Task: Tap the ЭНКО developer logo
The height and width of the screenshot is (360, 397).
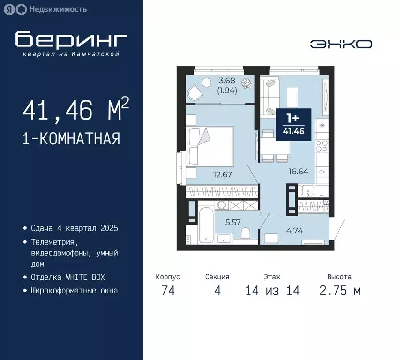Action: (x=341, y=44)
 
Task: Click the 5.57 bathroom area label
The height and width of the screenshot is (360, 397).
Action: (x=233, y=222)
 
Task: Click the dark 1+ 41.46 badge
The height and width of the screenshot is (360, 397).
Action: (x=293, y=123)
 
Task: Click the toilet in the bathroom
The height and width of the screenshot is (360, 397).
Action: (x=245, y=233)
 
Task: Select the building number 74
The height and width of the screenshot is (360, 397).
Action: (x=168, y=291)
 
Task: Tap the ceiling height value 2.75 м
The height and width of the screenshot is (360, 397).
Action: (x=340, y=291)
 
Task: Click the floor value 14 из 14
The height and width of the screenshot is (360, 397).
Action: (x=272, y=291)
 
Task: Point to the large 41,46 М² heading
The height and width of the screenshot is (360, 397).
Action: (x=75, y=111)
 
